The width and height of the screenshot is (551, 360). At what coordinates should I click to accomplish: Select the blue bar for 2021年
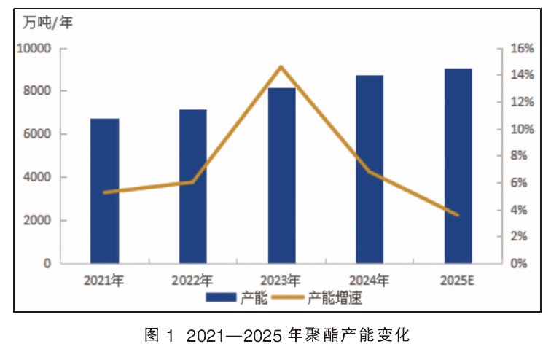point(105,191)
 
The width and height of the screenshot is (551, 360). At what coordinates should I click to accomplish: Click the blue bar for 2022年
point(193,187)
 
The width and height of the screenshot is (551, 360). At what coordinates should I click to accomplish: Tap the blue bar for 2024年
point(370,169)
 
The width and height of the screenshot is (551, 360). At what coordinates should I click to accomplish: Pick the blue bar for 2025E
point(458,165)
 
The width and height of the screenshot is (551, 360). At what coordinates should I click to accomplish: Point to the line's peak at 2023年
point(281,66)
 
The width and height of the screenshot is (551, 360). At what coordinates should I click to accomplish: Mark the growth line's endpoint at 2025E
point(458,215)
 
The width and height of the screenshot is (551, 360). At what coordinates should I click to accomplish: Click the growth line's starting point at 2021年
point(104,192)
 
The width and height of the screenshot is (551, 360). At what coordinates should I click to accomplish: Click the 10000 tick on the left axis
point(34,48)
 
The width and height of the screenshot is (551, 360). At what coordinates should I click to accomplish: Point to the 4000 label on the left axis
point(37,177)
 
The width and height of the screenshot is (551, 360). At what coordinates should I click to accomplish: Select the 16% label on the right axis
point(522,48)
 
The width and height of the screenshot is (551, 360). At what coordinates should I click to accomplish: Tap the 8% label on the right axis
point(519,156)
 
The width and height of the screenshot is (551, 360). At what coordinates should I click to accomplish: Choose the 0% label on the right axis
point(519,263)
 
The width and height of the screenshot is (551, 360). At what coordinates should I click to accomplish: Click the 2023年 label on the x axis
point(281,281)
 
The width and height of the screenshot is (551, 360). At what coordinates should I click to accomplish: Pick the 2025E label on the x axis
point(457,281)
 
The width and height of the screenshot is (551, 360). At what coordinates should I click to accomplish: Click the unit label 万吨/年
point(48,23)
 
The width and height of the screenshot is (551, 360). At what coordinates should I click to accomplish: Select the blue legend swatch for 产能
point(221,297)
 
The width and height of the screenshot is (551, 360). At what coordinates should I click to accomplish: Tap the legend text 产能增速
point(335,298)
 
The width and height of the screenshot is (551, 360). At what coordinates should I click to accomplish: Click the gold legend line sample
point(288,297)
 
